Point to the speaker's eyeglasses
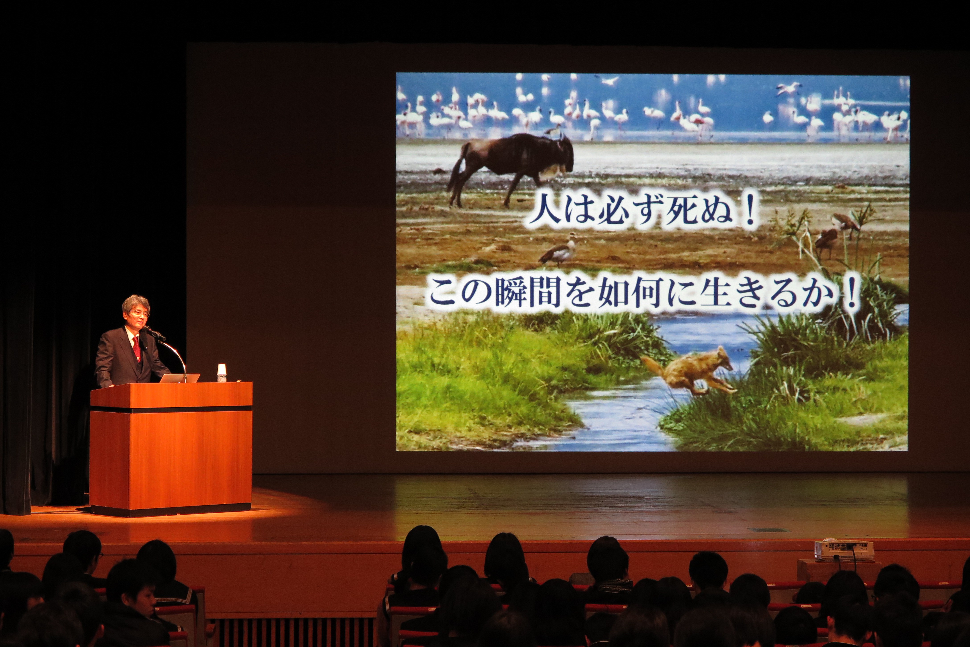click(139, 313)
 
